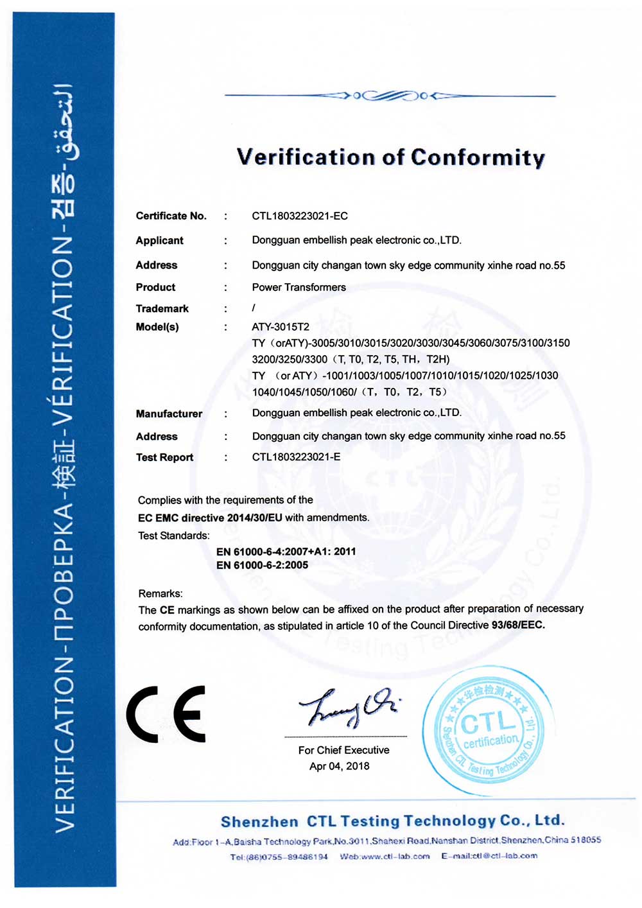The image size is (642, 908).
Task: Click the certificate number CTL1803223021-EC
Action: (x=299, y=216)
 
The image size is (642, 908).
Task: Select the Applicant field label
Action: (x=159, y=240)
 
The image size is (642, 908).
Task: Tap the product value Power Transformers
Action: (x=299, y=287)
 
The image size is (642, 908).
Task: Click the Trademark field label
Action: (x=162, y=308)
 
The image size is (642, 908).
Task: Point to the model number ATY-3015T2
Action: (x=280, y=327)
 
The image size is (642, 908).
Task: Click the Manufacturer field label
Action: (x=169, y=414)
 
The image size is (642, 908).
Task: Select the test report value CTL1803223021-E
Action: (x=296, y=457)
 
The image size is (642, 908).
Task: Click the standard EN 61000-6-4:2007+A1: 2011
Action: (x=286, y=551)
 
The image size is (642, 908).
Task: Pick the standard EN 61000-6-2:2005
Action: (x=262, y=565)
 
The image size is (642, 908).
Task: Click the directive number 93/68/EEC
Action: (x=517, y=625)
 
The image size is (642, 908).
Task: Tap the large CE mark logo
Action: (x=166, y=713)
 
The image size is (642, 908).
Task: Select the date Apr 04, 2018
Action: (x=339, y=766)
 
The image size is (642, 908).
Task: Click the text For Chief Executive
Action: (x=343, y=750)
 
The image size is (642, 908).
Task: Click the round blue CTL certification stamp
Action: (x=489, y=731)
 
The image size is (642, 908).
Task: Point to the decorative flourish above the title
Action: (x=390, y=96)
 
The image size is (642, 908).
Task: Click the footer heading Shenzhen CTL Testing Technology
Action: (x=392, y=821)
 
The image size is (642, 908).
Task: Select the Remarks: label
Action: (x=160, y=593)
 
